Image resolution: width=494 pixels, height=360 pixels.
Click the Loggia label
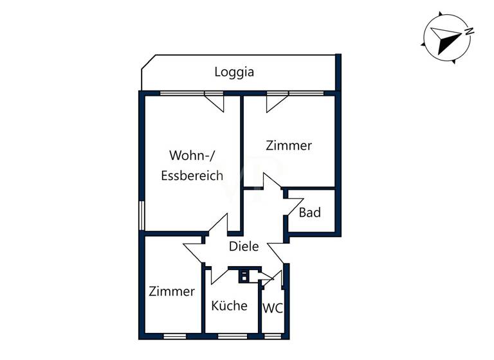click(x=234, y=72)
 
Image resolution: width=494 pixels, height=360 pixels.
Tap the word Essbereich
click(x=192, y=175)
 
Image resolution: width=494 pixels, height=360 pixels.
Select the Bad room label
click(x=309, y=212)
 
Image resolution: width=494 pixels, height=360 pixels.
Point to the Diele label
click(x=244, y=246)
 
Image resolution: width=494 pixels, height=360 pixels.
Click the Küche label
click(x=229, y=305)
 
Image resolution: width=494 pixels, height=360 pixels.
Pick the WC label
click(x=272, y=308)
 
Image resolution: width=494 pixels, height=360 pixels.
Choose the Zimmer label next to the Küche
click(x=171, y=291)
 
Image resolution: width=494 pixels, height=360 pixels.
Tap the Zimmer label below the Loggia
click(x=289, y=145)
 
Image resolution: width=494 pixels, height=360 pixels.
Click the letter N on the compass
click(x=470, y=31)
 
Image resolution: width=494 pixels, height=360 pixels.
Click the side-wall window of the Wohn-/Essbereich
click(x=142, y=215)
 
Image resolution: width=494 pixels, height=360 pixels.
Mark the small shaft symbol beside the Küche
click(x=245, y=277)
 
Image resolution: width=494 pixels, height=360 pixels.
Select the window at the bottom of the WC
click(x=273, y=336)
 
